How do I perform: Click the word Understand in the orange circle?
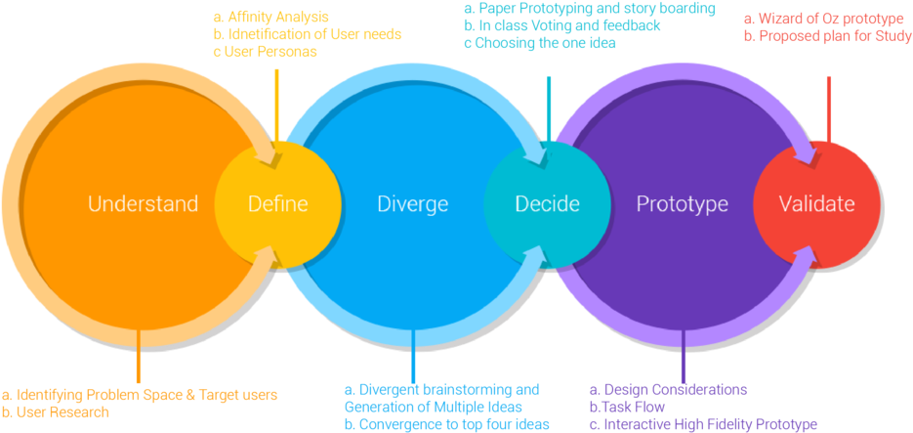point(143,204)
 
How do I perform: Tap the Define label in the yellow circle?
point(277,204)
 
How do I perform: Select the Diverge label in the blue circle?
point(412,204)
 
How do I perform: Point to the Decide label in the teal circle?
point(547,204)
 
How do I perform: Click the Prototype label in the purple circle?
point(683,204)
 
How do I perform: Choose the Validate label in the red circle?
point(816,204)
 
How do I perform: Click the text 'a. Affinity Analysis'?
point(270,18)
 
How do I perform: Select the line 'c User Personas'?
point(265,52)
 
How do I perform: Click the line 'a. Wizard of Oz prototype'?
point(823,19)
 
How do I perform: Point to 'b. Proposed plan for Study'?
point(827,36)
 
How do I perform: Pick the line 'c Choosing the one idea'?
point(540,43)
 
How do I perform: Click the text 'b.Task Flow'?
point(627,407)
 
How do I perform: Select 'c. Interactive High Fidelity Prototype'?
point(703,424)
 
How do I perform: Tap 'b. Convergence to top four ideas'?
point(446,424)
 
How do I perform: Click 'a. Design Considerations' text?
point(669,389)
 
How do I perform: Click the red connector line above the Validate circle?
point(829,108)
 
